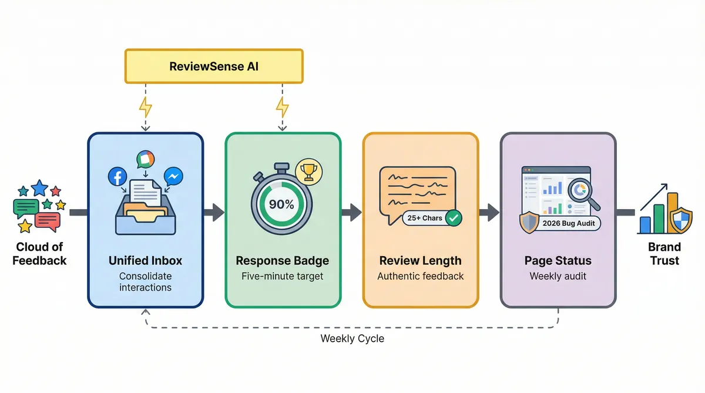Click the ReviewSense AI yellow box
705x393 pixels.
tap(214, 66)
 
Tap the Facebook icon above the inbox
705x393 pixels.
tap(117, 176)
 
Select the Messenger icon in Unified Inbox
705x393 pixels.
tap(173, 177)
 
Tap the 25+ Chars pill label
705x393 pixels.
tap(424, 218)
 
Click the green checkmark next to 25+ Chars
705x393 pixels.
tap(454, 218)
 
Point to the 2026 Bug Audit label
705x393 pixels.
tap(568, 223)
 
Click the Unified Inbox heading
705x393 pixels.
tap(145, 261)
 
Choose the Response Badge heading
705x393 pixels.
tap(283, 261)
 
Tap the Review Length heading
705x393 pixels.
tap(420, 261)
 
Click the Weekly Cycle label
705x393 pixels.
tap(352, 339)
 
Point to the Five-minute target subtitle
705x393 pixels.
tap(283, 276)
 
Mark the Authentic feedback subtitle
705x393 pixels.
tap(420, 276)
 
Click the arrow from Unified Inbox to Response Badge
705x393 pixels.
tap(214, 212)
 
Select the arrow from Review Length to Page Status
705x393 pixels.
tap(489, 212)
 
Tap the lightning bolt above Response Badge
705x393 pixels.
tap(283, 107)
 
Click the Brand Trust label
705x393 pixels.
tap(664, 254)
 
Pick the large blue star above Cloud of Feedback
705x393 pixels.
tap(39, 188)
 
